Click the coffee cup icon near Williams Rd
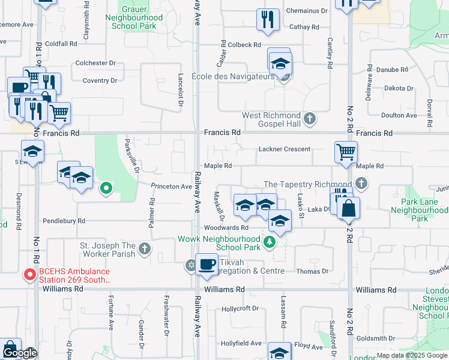pyautogui.click(x=206, y=264)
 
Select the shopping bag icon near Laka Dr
pyautogui.click(x=348, y=209)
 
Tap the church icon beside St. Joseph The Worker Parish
pyautogui.click(x=144, y=248)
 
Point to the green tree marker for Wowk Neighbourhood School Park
pyautogui.click(x=270, y=242)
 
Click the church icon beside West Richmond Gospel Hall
pyautogui.click(x=310, y=118)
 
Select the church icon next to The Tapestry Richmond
pyautogui.click(x=360, y=184)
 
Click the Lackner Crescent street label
pyautogui.click(x=285, y=149)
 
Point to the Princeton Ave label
pyautogui.click(x=171, y=186)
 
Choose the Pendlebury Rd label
pyautogui.click(x=64, y=221)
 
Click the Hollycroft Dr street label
pyautogui.click(x=240, y=308)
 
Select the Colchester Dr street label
pyautogui.click(x=95, y=63)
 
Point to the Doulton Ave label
pyautogui.click(x=399, y=115)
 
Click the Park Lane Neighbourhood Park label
pyautogui.click(x=419, y=211)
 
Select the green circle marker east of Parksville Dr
pyautogui.click(x=106, y=189)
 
